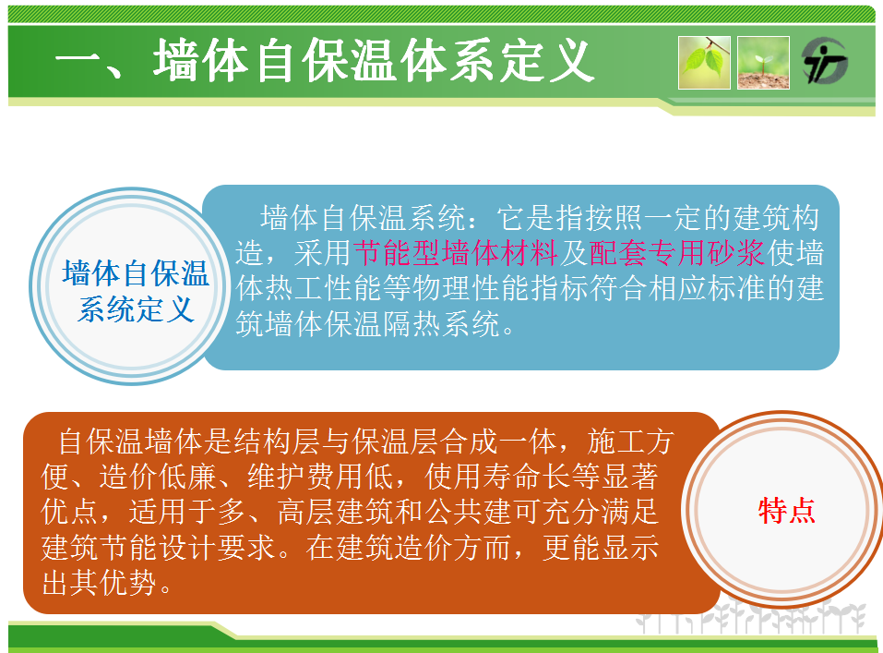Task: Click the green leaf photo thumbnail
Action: pyautogui.click(x=704, y=63)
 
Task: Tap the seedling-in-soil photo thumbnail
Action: pyautogui.click(x=763, y=63)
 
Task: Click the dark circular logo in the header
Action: pyautogui.click(x=825, y=61)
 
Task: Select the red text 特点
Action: pyautogui.click(x=786, y=511)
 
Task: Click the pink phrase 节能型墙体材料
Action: pyautogui.click(x=456, y=253)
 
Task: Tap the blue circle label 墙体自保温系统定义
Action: pyautogui.click(x=135, y=291)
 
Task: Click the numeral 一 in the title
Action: pyautogui.click(x=78, y=61)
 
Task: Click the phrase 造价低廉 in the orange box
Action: pyautogui.click(x=158, y=477)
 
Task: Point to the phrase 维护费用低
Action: pyautogui.click(x=320, y=477)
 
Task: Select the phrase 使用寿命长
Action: pyautogui.click(x=498, y=477)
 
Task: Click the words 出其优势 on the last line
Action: pyautogui.click(x=99, y=583)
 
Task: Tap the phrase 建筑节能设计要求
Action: pyautogui.click(x=159, y=547)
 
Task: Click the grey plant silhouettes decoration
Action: pyautogui.click(x=751, y=618)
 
